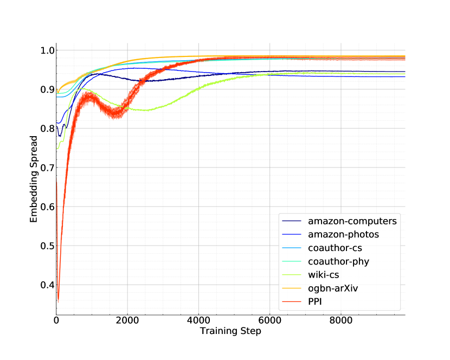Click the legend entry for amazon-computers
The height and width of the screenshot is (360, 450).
point(352,221)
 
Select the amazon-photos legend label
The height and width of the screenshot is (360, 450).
point(343,235)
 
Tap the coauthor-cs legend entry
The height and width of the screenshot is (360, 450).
point(335,248)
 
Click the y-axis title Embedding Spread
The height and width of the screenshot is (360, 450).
point(34,179)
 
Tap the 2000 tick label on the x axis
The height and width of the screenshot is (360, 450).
point(127,320)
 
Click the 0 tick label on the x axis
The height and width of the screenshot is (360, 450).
point(56,320)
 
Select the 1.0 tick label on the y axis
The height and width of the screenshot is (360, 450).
point(48,50)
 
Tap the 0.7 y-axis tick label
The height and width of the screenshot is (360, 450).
point(48,168)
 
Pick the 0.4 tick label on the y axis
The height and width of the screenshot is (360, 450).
point(48,285)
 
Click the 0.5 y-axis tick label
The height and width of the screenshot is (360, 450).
point(48,246)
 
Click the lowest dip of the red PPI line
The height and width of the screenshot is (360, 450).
point(58,299)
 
